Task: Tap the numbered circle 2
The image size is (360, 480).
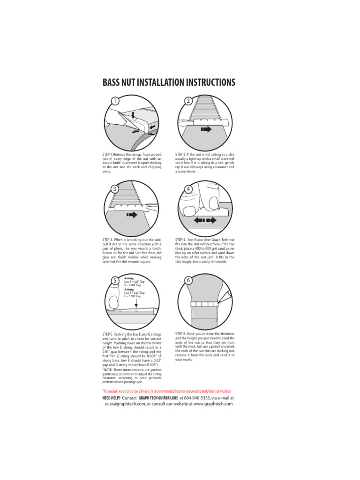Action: pyautogui.click(x=188, y=101)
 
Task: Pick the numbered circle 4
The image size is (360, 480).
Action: pyautogui.click(x=188, y=188)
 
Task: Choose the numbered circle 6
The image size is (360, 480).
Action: pyautogui.click(x=188, y=280)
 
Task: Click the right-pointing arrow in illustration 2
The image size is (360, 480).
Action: pyautogui.click(x=206, y=129)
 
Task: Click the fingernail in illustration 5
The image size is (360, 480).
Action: pyautogui.click(x=113, y=300)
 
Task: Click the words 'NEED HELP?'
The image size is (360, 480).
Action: pyautogui.click(x=112, y=397)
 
